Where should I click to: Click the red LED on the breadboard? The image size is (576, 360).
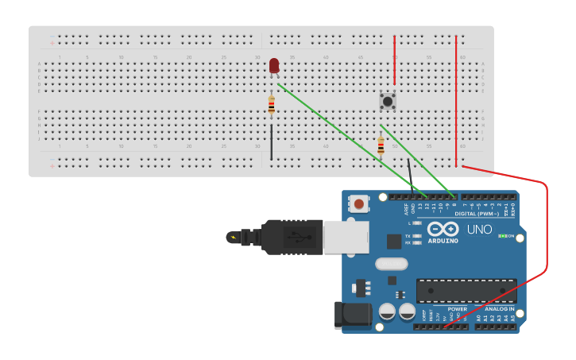274,65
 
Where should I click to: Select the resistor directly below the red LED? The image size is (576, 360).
272,104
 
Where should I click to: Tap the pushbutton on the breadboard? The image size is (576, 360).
388,101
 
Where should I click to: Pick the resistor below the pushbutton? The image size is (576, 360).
381,145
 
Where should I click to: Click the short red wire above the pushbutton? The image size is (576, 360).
394,60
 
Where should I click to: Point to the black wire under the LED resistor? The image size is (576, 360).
272,141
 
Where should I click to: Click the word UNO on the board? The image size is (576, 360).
479,230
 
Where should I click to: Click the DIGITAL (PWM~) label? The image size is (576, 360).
477,214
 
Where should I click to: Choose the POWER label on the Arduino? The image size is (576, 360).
457,308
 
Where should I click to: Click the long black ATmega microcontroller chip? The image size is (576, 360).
466,291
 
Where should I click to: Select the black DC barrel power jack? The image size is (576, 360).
354,315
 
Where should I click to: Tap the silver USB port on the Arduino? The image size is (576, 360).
346,237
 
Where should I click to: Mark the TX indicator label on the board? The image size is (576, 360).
408,236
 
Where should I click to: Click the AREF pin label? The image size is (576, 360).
406,209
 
